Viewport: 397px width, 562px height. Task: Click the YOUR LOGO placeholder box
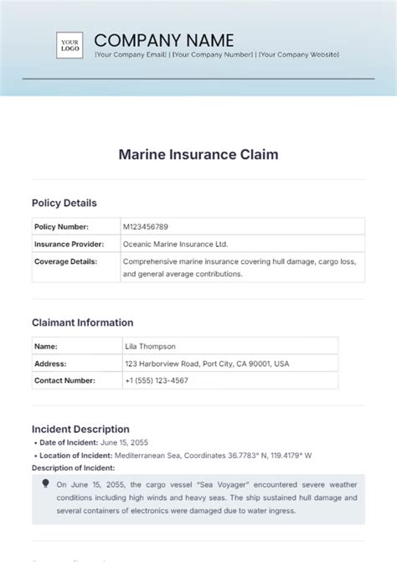69,44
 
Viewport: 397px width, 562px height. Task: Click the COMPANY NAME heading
164,39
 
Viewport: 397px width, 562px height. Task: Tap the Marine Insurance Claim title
198,154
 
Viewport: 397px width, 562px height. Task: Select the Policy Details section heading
64,203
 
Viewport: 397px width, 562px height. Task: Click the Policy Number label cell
62,226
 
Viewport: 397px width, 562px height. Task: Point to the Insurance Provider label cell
69,244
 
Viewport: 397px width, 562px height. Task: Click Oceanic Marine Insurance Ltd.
175,244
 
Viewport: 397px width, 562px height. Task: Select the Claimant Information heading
82,322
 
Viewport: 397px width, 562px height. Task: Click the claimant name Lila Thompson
150,346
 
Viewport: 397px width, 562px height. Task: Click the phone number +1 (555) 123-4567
156,380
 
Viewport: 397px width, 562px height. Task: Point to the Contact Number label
66,380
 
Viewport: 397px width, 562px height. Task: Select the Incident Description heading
80,429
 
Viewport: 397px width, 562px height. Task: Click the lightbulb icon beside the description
45,483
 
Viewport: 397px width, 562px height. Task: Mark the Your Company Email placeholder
131,54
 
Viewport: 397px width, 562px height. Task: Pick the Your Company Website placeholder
299,54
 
